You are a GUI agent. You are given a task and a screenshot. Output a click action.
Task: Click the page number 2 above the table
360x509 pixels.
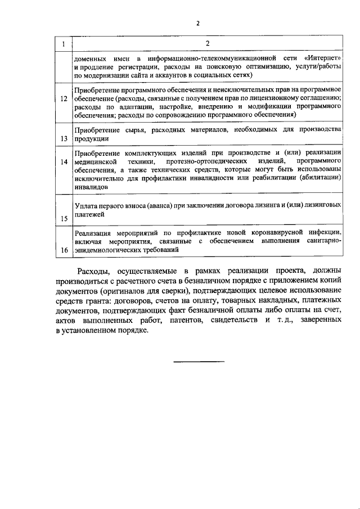197,24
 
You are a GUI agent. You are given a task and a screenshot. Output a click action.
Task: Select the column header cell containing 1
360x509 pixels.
64,44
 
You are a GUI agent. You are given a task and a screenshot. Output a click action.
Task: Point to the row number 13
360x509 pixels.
64,138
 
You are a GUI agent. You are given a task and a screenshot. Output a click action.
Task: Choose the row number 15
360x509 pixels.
64,218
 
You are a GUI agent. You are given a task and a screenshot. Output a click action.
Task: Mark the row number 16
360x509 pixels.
64,249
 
